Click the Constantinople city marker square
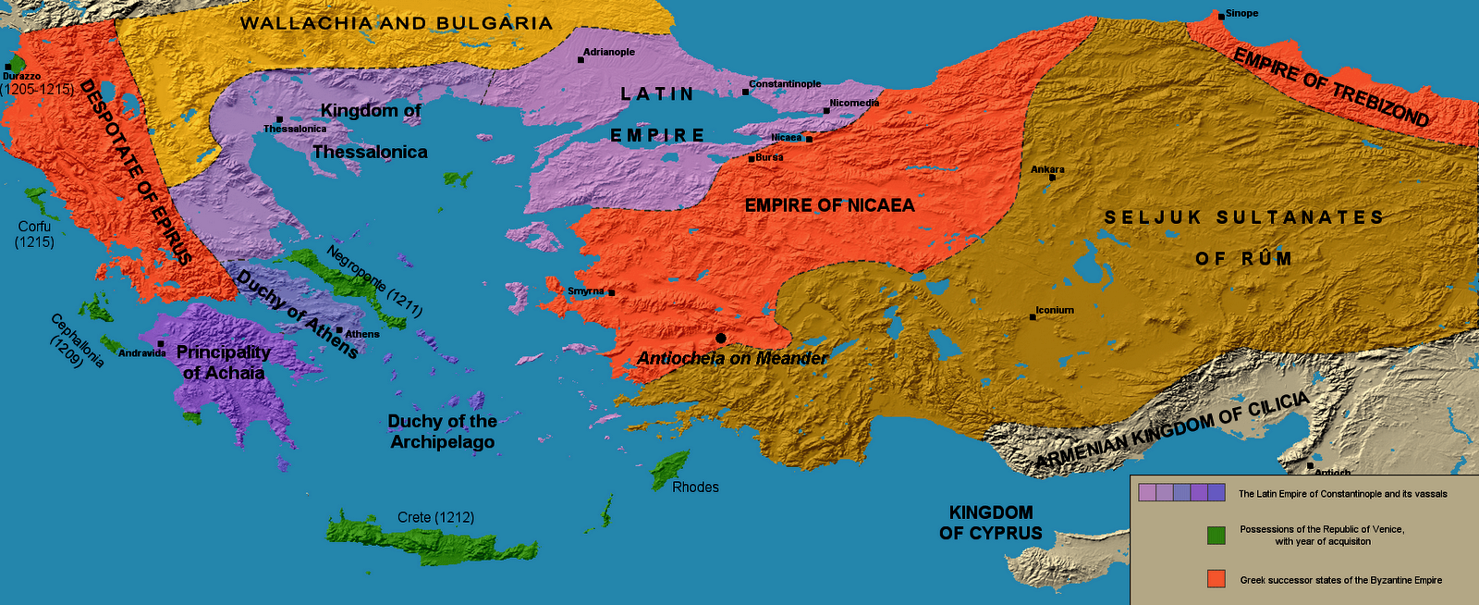(746, 92)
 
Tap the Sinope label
(1241, 14)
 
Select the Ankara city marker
(1052, 177)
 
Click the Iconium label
(1055, 310)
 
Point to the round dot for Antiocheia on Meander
(721, 339)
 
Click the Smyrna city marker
(611, 292)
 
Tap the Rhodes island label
(695, 487)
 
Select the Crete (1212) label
(435, 517)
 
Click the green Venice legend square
(1216, 535)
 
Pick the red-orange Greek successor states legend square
(1216, 579)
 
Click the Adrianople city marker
(581, 59)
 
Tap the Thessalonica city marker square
(279, 119)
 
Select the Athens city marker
(339, 329)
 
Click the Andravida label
(142, 353)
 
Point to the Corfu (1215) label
(34, 234)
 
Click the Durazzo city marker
(7, 67)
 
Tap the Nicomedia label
(854, 103)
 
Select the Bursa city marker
(752, 158)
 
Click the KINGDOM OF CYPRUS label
(991, 523)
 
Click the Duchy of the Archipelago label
(442, 431)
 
